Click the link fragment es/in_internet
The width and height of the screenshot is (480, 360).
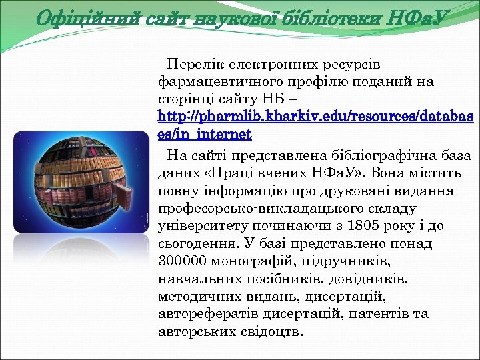tap(205, 135)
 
